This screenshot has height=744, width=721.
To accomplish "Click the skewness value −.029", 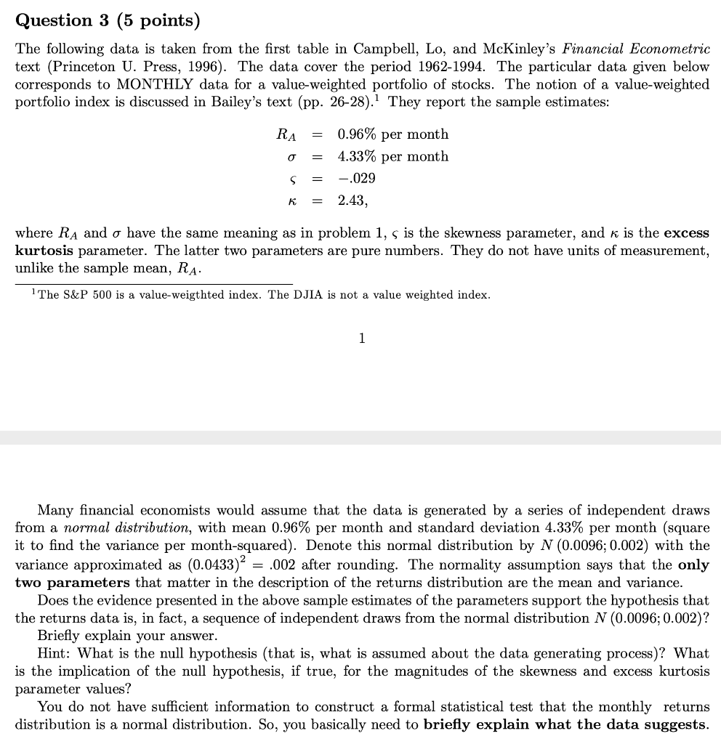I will pyautogui.click(x=357, y=178).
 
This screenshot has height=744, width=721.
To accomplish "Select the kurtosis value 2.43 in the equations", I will pyautogui.click(x=353, y=200).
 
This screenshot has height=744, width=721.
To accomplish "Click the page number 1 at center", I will pyautogui.click(x=361, y=338).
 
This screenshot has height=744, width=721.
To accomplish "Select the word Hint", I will pyautogui.click(x=53, y=653).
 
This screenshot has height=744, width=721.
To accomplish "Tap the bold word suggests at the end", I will pyautogui.click(x=674, y=724).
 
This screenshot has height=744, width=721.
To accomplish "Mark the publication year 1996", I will pyautogui.click(x=191, y=67).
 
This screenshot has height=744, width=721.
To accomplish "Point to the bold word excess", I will pyautogui.click(x=685, y=233).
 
